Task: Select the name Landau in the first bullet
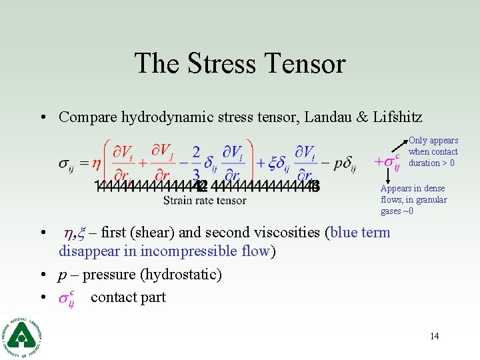click(x=329, y=117)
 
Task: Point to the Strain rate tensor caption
click(x=205, y=200)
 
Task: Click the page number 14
click(x=434, y=336)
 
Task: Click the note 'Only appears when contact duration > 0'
click(x=433, y=151)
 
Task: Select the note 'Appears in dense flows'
click(x=413, y=199)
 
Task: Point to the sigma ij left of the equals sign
click(x=66, y=163)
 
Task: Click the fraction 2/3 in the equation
click(x=196, y=163)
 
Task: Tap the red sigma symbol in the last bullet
click(x=66, y=298)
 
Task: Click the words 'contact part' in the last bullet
click(x=128, y=297)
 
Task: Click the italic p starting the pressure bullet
click(x=63, y=275)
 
